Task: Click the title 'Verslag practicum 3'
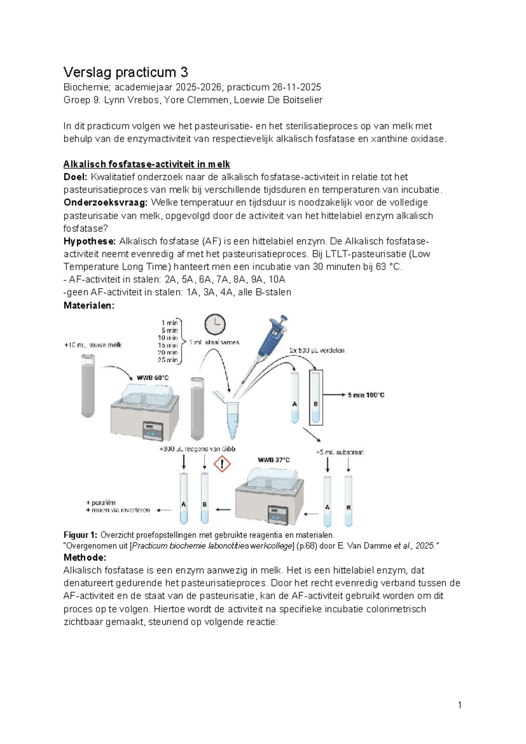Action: click(x=125, y=72)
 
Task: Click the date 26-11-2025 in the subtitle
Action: click(x=296, y=87)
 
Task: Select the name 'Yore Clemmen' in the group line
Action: click(x=196, y=100)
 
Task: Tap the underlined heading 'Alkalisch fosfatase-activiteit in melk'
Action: click(x=146, y=164)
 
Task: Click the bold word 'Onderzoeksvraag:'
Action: click(x=105, y=203)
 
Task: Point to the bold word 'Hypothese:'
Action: click(x=89, y=241)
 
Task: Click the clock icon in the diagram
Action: click(x=215, y=325)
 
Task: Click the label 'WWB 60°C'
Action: click(x=153, y=378)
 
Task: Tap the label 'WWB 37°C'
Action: click(x=274, y=460)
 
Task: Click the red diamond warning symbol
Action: click(x=222, y=464)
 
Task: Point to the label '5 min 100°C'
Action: click(x=366, y=395)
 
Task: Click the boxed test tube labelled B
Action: click(x=316, y=397)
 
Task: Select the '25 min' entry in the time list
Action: click(x=167, y=360)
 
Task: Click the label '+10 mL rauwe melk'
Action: click(x=93, y=345)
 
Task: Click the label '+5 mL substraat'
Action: click(x=339, y=452)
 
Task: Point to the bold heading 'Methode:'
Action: click(x=85, y=558)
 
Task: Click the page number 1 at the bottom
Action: click(x=459, y=705)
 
